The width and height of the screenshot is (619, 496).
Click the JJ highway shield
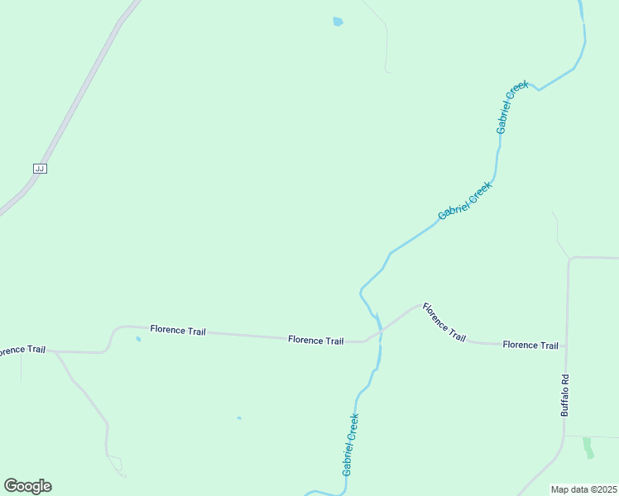40,168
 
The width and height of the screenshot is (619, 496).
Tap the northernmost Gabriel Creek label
511,107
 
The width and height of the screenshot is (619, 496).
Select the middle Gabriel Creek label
464,201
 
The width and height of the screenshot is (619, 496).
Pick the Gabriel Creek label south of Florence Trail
350,444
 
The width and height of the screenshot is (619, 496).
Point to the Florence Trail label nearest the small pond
178,330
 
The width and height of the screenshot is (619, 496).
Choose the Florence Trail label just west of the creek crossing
315,341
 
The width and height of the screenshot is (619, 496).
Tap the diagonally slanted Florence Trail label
444,322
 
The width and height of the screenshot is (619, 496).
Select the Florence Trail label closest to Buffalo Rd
530,345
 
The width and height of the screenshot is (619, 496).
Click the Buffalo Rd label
565,394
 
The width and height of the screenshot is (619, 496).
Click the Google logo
27,486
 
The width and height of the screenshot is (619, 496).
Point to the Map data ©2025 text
583,489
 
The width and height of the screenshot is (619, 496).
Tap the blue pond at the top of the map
338,21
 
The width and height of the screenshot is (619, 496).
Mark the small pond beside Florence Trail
138,339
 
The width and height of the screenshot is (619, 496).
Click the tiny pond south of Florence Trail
239,417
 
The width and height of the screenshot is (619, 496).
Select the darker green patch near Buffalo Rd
588,447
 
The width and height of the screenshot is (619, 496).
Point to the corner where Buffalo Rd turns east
570,259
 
